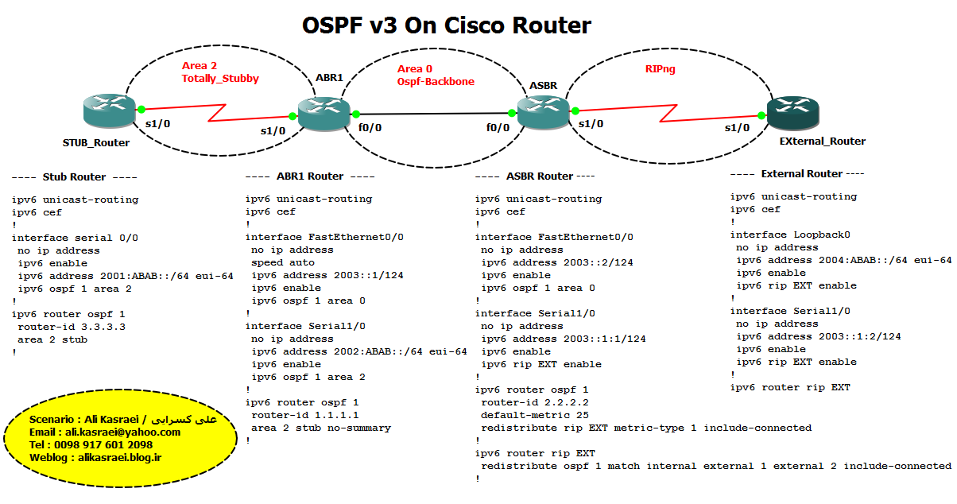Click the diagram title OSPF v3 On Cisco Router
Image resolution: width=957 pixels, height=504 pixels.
pyautogui.click(x=447, y=25)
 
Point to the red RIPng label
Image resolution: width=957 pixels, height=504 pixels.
pyautogui.click(x=661, y=70)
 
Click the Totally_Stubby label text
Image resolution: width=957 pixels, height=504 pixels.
pyautogui.click(x=220, y=79)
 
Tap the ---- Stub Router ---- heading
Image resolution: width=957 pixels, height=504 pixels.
pyautogui.click(x=75, y=177)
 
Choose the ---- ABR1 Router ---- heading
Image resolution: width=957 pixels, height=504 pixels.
pyautogui.click(x=310, y=176)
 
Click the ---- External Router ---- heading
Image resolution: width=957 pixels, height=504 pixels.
pyautogui.click(x=797, y=173)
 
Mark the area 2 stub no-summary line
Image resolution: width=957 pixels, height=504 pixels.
pyautogui.click(x=321, y=428)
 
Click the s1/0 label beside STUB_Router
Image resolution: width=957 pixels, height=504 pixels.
pyautogui.click(x=157, y=123)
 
